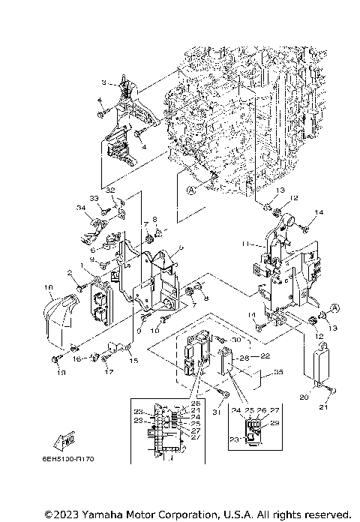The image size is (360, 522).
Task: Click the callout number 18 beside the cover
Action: tap(49, 287)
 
